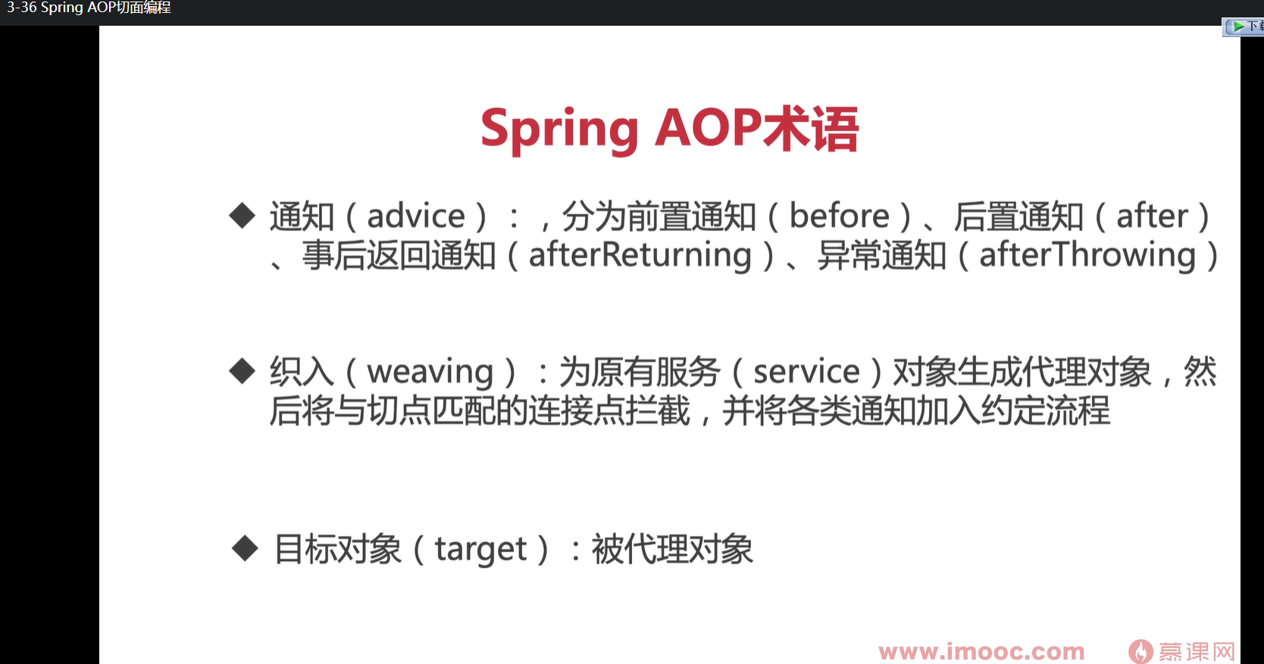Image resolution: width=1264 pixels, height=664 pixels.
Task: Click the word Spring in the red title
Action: click(559, 131)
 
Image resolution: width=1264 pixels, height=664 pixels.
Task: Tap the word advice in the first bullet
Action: click(416, 216)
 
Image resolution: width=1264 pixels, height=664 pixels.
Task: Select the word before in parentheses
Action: click(839, 216)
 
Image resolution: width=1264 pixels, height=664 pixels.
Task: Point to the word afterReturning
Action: click(640, 255)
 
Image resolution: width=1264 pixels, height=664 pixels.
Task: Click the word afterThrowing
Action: click(1087, 255)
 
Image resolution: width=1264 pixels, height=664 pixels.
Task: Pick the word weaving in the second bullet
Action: click(430, 373)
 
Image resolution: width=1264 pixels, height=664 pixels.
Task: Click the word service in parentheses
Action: click(806, 372)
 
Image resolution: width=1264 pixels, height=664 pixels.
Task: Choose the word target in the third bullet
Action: click(480, 550)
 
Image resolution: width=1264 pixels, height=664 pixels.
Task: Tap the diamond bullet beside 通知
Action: click(242, 215)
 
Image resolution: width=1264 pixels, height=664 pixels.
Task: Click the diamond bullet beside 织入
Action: click(242, 371)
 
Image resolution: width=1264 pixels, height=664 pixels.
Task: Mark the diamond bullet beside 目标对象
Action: click(245, 548)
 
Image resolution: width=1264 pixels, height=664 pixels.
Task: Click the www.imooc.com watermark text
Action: click(982, 652)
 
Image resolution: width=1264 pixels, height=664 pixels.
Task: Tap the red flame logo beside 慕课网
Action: click(1140, 652)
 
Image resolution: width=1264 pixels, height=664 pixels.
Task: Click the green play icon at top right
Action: click(1238, 26)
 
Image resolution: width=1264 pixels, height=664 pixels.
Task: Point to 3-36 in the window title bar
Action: click(21, 8)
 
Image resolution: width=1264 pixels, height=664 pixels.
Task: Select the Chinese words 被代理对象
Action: click(672, 549)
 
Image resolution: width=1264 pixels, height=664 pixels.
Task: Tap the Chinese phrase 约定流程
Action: click(1046, 410)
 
